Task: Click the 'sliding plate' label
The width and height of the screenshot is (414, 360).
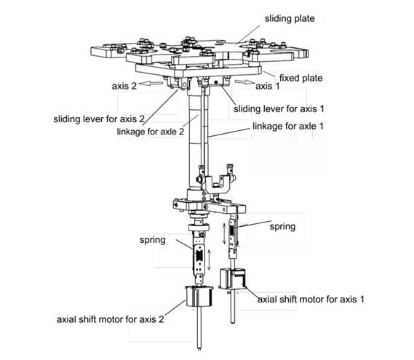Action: (290, 19)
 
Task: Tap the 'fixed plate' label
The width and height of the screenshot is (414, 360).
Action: (301, 78)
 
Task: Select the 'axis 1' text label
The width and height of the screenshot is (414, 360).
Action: (267, 87)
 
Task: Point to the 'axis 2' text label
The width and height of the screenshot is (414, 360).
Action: (124, 87)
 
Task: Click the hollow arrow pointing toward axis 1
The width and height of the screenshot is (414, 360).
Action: (244, 81)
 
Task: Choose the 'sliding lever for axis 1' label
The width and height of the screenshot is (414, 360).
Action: (279, 109)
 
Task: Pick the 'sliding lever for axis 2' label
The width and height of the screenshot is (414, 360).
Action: (99, 119)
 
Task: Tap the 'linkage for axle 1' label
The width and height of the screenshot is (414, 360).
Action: (288, 126)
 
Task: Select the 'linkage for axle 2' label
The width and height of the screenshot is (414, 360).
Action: (150, 132)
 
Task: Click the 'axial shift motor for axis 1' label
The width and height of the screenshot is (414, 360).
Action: (311, 300)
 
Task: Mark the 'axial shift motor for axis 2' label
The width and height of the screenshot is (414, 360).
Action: (111, 319)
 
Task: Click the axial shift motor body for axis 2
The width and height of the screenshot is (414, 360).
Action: (199, 297)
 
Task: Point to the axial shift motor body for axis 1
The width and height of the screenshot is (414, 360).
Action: (232, 279)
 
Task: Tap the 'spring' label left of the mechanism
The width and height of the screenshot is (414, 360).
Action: (153, 240)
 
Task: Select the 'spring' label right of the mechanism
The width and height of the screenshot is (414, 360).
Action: (282, 227)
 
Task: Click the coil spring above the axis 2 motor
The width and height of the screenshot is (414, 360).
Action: (199, 255)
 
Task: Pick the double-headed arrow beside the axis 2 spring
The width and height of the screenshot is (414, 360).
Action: (209, 260)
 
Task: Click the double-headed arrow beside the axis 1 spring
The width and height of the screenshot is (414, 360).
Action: (224, 233)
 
